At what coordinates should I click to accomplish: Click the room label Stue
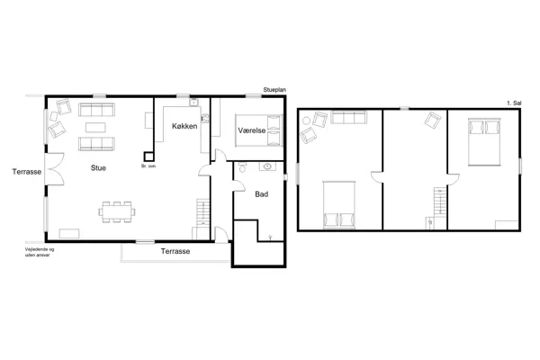pos(99,167)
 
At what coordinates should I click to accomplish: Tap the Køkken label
pos(184,127)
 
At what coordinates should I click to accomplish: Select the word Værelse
pos(250,131)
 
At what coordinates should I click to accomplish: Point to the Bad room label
pos(261,193)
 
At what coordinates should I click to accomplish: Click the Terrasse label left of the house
pos(25,169)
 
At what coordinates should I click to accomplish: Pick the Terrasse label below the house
pos(175,251)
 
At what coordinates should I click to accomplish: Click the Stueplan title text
pos(274,90)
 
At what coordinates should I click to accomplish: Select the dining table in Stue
pos(119,212)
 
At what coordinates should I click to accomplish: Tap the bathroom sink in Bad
pos(268,166)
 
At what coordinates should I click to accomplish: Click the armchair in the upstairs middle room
pos(433,121)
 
